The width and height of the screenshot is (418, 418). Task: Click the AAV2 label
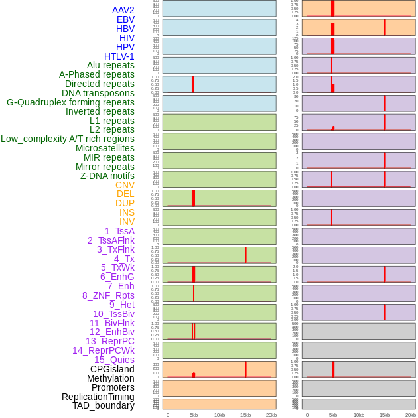pos(123,10)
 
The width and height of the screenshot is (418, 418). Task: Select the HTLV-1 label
pos(119,56)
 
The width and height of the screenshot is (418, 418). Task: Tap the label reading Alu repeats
pos(111,65)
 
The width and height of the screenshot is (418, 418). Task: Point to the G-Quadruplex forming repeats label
pos(70,102)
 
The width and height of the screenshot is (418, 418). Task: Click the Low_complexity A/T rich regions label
pos(68,139)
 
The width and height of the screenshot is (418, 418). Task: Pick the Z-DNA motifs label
pos(107,176)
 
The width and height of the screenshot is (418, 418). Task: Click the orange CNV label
pos(125,185)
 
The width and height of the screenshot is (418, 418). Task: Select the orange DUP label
pos(125,203)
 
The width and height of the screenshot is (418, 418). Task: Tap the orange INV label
pos(127,222)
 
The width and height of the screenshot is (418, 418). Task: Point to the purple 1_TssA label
pos(119,231)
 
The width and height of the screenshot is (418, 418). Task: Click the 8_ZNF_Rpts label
pos(108,295)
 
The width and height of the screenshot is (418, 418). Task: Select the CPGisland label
pos(112,369)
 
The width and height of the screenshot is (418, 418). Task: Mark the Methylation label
pos(111,378)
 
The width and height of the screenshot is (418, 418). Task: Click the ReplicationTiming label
pos(98,397)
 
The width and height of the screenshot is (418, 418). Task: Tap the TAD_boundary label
pos(104,405)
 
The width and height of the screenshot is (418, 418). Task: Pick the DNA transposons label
pos(98,93)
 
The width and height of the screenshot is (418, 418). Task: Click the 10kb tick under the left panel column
pos(220,415)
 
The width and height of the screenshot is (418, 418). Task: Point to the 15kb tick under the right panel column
pos(385,415)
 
